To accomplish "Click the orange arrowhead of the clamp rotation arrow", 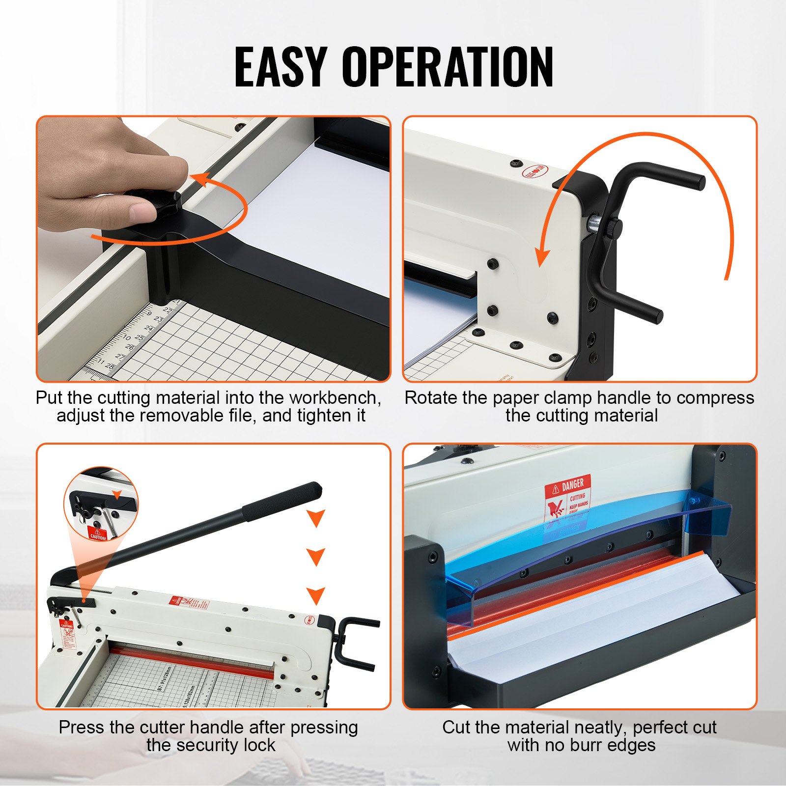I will [542, 255].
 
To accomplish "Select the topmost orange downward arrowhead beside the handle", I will [315, 517].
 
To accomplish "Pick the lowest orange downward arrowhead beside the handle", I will [315, 595].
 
